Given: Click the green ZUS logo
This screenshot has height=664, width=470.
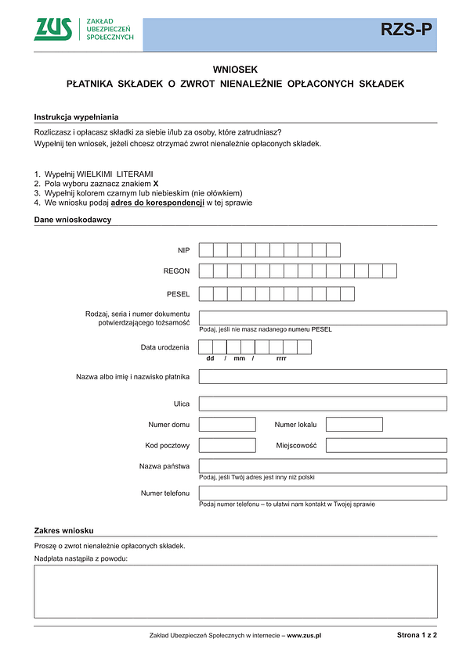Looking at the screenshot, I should [53, 29].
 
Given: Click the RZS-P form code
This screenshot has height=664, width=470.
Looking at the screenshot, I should [405, 30].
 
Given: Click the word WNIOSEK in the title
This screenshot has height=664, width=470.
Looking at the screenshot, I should [235, 69].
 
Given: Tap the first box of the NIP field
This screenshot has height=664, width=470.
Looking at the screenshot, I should [206, 250].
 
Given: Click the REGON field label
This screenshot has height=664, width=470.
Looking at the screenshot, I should [176, 271].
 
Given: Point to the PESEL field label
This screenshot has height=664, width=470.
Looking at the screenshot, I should [179, 294].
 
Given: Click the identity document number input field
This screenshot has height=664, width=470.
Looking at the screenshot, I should [323, 318].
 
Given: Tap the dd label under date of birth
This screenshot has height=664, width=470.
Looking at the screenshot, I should [210, 358].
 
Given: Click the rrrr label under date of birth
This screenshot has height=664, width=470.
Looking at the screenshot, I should [281, 358].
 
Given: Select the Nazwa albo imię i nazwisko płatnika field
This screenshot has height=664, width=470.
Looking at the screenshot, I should [323, 376].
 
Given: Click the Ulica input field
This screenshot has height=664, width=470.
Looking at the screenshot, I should [323, 404].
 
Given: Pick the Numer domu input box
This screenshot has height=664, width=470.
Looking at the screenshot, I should [227, 425].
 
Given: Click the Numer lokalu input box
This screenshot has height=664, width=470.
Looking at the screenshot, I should [354, 425].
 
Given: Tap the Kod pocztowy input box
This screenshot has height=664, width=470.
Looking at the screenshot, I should [227, 445].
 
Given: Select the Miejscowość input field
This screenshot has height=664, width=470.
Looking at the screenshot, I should [386, 445].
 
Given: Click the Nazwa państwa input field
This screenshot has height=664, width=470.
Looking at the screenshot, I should [323, 466].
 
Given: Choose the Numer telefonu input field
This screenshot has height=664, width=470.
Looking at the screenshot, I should [323, 493].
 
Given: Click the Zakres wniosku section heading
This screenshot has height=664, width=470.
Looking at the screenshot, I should [64, 531].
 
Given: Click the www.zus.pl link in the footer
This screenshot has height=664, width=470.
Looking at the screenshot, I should [305, 635].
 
